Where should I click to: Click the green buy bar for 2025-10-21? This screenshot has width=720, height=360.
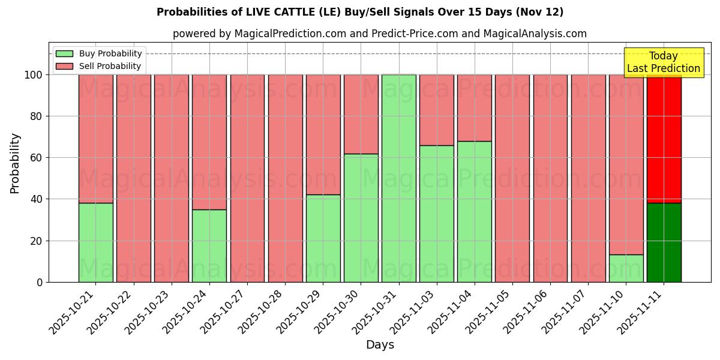[x=95, y=242]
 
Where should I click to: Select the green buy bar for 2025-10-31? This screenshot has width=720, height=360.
[x=398, y=178]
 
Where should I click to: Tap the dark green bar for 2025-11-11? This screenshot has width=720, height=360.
[x=664, y=242]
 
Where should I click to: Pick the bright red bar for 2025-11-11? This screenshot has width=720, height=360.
[x=664, y=139]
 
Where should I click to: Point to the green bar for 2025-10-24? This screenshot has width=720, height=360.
[x=209, y=245]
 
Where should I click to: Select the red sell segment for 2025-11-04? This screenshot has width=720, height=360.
[x=474, y=108]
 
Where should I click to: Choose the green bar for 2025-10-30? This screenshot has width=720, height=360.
[x=361, y=218]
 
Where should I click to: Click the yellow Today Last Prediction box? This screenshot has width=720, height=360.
[x=663, y=62]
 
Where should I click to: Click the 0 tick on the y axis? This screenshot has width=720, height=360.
[x=40, y=282]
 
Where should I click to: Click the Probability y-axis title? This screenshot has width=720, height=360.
[x=15, y=163]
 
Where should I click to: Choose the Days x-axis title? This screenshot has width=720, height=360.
[x=380, y=345]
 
